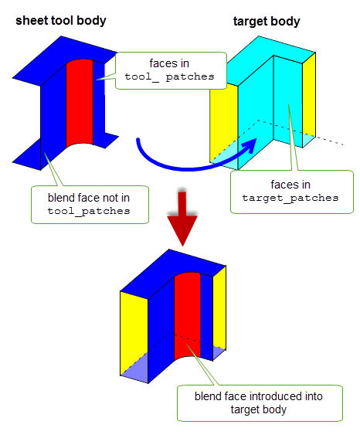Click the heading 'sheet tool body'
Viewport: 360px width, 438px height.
point(61,21)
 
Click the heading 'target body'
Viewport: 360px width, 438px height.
point(267,21)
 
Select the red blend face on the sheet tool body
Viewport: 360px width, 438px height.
point(80,103)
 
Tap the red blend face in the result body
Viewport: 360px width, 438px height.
point(188,316)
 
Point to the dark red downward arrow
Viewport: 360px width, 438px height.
point(182,218)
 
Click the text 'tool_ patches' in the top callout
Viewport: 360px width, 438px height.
point(169,76)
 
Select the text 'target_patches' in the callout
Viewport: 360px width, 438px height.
point(290,198)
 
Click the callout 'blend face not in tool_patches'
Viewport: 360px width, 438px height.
point(90,205)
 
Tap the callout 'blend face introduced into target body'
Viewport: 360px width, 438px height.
point(260,403)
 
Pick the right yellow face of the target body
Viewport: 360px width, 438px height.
point(309,98)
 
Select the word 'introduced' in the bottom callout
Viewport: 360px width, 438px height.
point(277,396)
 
